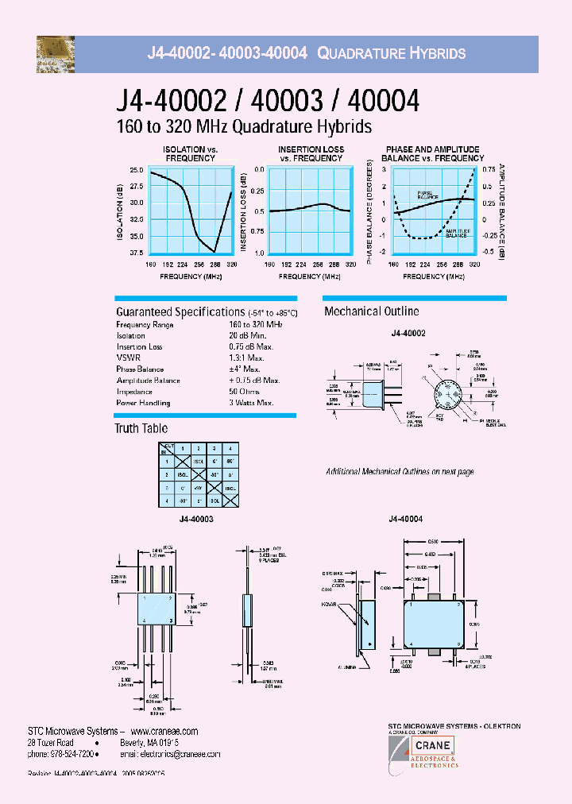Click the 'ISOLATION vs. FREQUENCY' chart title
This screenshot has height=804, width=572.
(190, 153)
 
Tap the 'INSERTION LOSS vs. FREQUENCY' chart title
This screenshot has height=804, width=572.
(311, 153)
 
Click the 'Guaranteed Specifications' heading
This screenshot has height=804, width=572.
(180, 312)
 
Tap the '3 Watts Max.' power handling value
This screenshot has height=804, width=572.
(251, 402)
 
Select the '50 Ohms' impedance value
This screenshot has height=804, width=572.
(245, 391)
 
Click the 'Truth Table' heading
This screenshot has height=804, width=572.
(141, 428)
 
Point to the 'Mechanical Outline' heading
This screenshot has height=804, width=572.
(372, 311)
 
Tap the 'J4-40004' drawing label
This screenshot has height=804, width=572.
(405, 518)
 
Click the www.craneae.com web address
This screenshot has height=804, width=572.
(164, 731)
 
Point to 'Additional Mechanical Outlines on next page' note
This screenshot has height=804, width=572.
(400, 472)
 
